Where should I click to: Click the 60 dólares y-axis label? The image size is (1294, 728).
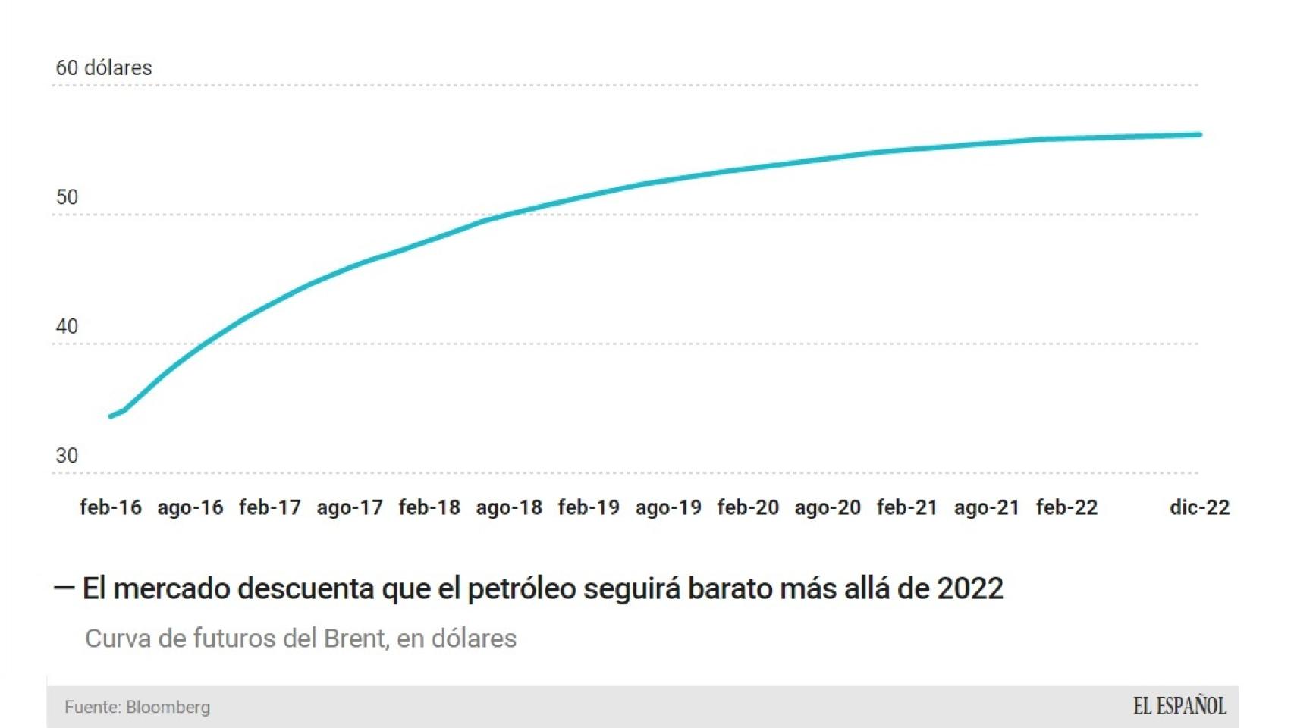[104, 68]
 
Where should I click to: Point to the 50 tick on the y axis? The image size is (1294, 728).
[67, 197]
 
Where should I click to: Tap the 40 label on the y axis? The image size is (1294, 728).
[67, 326]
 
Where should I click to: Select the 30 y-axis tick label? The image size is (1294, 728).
[67, 456]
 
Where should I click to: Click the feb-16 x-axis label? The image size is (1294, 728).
[111, 507]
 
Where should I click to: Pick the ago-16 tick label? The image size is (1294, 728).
[190, 507]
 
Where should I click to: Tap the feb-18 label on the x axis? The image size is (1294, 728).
[429, 507]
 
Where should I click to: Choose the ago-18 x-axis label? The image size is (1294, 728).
[509, 507]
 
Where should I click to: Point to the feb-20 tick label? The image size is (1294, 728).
[748, 507]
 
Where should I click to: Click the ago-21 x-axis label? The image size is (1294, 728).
[987, 507]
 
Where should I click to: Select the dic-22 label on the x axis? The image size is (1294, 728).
[1199, 507]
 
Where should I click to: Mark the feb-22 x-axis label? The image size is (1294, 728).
[1066, 507]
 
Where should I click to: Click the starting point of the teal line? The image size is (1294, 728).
[111, 416]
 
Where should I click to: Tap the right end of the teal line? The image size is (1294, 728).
[1200, 135]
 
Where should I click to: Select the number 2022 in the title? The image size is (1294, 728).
[970, 588]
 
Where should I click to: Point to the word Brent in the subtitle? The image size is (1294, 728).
[356, 639]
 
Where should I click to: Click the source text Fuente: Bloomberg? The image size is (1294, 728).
[137, 707]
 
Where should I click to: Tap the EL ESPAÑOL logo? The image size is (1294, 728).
[1179, 707]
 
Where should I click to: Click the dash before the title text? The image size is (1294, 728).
[64, 588]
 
